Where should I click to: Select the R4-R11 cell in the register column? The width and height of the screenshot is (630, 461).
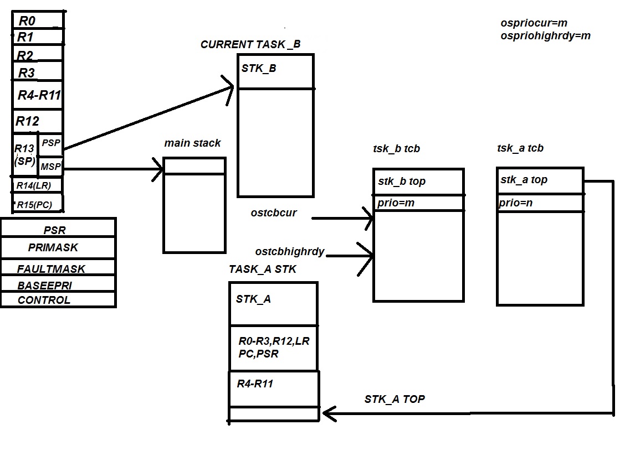tap(38, 95)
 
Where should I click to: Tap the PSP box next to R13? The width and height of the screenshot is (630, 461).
tap(51, 143)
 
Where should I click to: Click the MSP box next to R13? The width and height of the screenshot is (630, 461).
tap(51, 166)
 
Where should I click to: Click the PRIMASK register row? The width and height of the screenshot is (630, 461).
tap(53, 247)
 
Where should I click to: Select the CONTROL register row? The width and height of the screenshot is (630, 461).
tap(44, 300)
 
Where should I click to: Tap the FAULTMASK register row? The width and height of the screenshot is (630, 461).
tap(51, 269)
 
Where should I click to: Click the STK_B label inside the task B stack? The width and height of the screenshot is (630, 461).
tap(259, 69)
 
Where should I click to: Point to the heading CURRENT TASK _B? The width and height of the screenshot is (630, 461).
tap(250, 44)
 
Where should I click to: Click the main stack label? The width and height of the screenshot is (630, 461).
tap(192, 143)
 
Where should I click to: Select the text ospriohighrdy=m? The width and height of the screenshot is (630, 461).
tap(545, 36)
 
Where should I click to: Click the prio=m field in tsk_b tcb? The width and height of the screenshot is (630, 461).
tap(396, 203)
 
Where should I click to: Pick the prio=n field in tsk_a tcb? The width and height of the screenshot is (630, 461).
tap(515, 203)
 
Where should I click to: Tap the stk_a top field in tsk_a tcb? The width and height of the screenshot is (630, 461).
tap(524, 180)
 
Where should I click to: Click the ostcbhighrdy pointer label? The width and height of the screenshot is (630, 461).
tap(289, 252)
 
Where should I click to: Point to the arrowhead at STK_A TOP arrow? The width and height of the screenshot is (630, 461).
tap(327, 413)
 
